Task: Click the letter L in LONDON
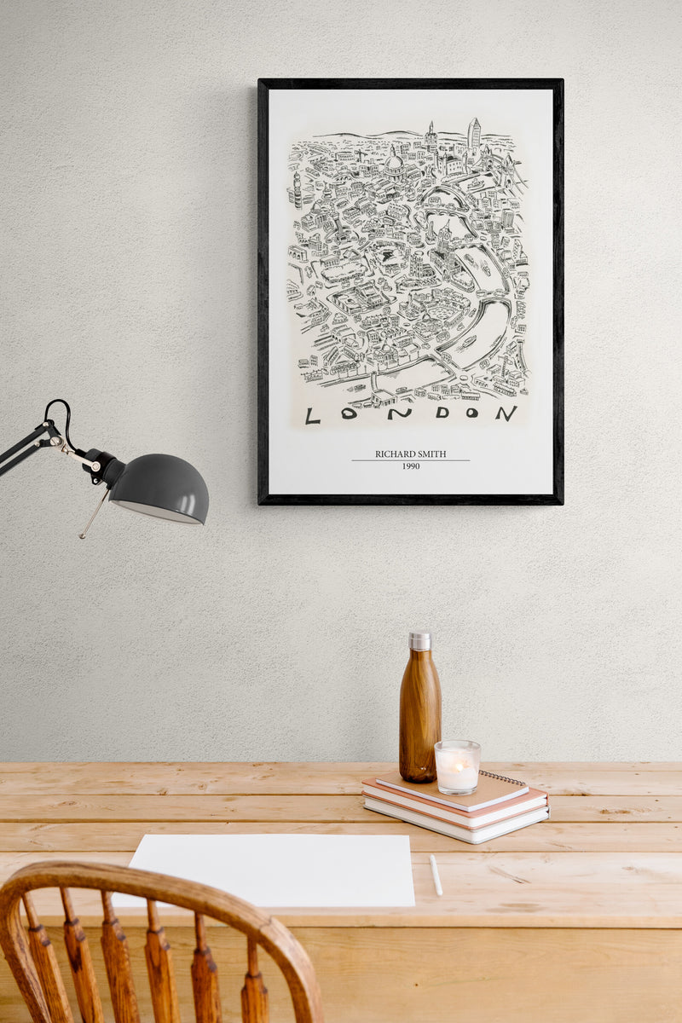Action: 313,415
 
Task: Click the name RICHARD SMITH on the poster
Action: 410,454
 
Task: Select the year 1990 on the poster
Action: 410,466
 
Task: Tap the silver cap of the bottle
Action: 419,641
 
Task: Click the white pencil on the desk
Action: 436,875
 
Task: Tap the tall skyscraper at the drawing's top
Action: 473,134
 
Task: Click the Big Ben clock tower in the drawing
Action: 298,189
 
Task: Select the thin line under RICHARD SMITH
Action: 410,461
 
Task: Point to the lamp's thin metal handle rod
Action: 95,513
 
